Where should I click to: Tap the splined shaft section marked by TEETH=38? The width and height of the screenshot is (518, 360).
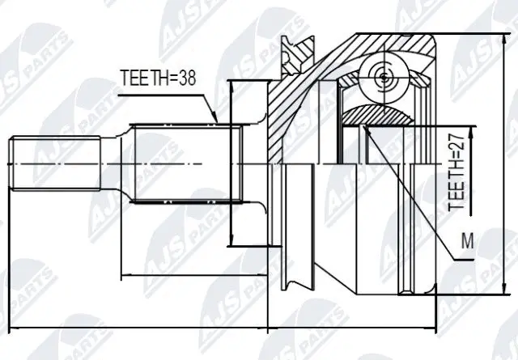pos(186,164)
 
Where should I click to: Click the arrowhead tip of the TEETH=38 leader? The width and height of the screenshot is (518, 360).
pos(218,122)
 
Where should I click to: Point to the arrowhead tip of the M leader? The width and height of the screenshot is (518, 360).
pos(365,126)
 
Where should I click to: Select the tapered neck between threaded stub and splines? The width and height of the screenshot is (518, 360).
pos(116,164)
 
